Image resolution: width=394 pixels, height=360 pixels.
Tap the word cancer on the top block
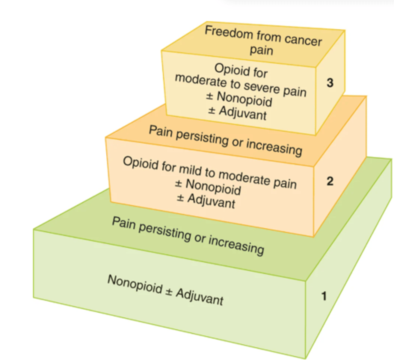click(x=303, y=40)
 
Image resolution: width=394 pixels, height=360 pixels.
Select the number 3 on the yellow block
click(x=330, y=83)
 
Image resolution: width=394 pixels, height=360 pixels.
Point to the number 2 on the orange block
click(x=330, y=181)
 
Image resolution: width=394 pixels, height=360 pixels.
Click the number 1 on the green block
click(x=324, y=296)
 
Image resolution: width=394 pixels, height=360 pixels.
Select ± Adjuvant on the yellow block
click(x=237, y=112)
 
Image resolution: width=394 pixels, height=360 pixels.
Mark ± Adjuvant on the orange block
click(x=206, y=201)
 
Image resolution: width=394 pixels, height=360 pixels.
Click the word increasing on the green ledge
click(x=236, y=244)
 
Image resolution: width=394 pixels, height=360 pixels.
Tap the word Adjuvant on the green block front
click(x=200, y=297)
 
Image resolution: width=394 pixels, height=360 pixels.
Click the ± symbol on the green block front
click(x=169, y=292)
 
